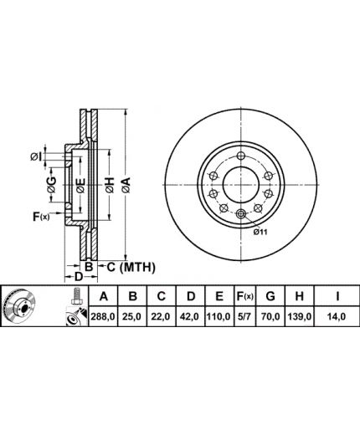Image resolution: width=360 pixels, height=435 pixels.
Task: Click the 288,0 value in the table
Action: point(103,316)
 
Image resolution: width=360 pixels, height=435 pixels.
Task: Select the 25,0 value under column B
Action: point(132,316)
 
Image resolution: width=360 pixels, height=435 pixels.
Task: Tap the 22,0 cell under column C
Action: point(162,316)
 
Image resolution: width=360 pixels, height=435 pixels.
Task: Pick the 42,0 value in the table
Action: point(190,316)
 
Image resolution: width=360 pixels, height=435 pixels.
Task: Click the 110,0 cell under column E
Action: point(219,316)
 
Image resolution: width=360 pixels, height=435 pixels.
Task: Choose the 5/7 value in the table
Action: point(244,316)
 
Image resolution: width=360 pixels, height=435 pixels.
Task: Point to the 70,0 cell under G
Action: point(270,316)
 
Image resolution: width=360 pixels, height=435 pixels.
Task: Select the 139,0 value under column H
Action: point(299,316)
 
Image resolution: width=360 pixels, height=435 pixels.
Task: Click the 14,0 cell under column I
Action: point(337,316)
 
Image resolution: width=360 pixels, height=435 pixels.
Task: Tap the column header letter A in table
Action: point(104,296)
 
